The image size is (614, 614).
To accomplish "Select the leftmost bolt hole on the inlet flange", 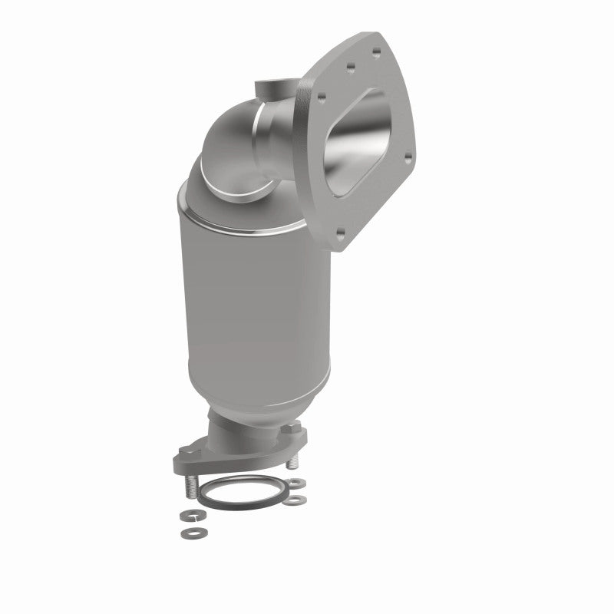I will (x=321, y=97).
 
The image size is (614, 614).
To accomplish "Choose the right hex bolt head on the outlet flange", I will (x=295, y=438).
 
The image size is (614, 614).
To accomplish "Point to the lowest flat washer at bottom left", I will (x=187, y=532).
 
